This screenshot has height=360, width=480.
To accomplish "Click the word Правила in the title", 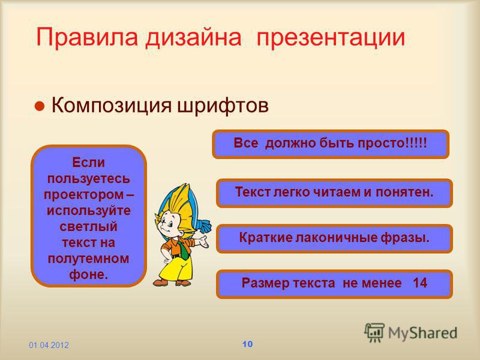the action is click(87, 38).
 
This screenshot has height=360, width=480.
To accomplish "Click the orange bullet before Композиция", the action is click(40, 106).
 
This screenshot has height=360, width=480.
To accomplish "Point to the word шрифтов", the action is click(223, 106).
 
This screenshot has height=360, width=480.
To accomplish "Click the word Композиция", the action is click(112, 106).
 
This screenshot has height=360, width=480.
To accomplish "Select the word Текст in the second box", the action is click(253, 192).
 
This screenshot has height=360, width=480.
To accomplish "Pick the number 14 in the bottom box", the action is click(419, 283).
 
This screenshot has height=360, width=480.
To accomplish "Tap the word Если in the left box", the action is click(88, 162).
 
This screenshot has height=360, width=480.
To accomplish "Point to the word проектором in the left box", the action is click(83, 195).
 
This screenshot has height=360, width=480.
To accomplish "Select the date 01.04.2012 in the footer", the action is click(49, 346).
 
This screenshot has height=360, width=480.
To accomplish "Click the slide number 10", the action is click(247, 344).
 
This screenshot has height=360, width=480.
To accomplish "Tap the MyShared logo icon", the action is click(374, 332).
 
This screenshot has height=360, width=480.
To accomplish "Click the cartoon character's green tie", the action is click(184, 250).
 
